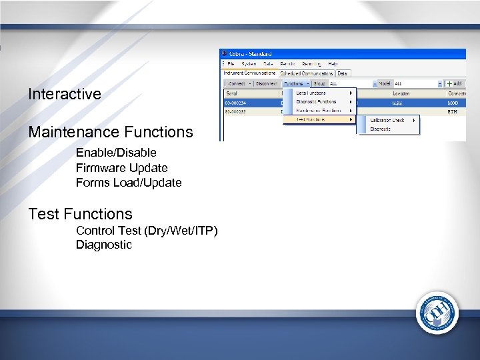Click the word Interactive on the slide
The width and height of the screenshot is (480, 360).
tap(65, 94)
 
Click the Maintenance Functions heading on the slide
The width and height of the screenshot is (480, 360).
tap(110, 132)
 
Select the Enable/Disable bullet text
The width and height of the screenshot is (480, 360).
tap(116, 153)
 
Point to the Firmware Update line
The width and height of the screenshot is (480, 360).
tap(121, 168)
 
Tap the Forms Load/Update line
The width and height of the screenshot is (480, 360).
tap(129, 183)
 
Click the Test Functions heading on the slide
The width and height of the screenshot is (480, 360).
tap(80, 214)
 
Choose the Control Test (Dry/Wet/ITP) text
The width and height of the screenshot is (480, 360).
tap(147, 231)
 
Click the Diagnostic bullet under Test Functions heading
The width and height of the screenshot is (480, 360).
tap(104, 245)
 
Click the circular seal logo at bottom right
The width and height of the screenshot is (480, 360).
tap(437, 313)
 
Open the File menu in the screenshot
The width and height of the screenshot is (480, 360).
tap(231, 63)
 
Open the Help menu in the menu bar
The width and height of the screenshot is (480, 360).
tap(333, 63)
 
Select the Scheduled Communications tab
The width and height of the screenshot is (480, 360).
tap(307, 73)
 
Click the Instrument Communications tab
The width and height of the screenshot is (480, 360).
tap(249, 73)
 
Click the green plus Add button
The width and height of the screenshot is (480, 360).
tap(455, 83)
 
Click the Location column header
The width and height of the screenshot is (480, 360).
tap(401, 93)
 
